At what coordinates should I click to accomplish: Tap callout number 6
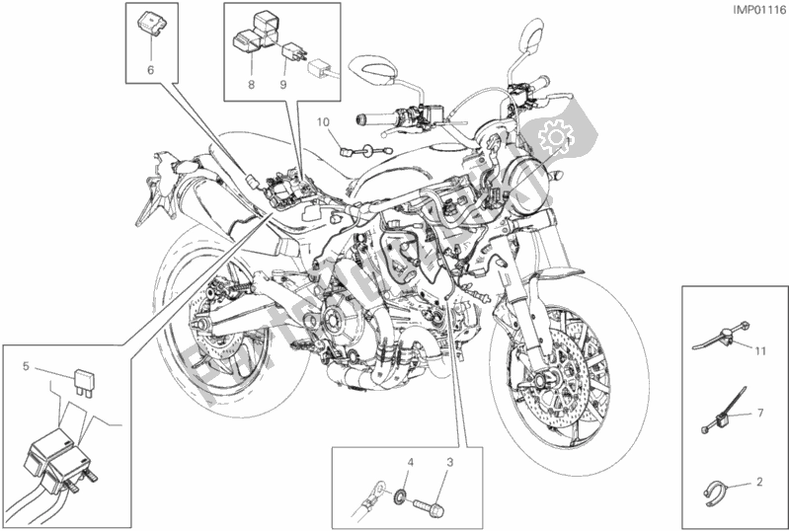tap(151, 70)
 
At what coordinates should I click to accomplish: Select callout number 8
tap(252, 86)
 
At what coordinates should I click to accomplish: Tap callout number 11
tap(761, 351)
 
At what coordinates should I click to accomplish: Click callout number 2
tap(761, 483)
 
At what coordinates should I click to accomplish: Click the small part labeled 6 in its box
tap(153, 20)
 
